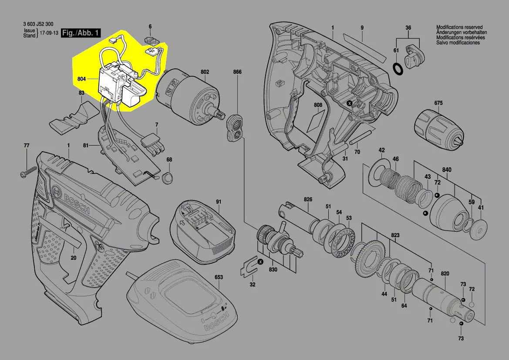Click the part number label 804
81,79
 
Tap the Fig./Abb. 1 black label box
81,33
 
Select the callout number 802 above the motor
205,72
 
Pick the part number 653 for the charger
219,277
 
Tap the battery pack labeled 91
203,230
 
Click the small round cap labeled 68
168,177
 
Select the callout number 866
237,72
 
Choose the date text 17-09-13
49,33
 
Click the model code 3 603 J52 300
38,24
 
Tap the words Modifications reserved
459,27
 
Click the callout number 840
447,170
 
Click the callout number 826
308,199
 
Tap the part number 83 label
81,93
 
